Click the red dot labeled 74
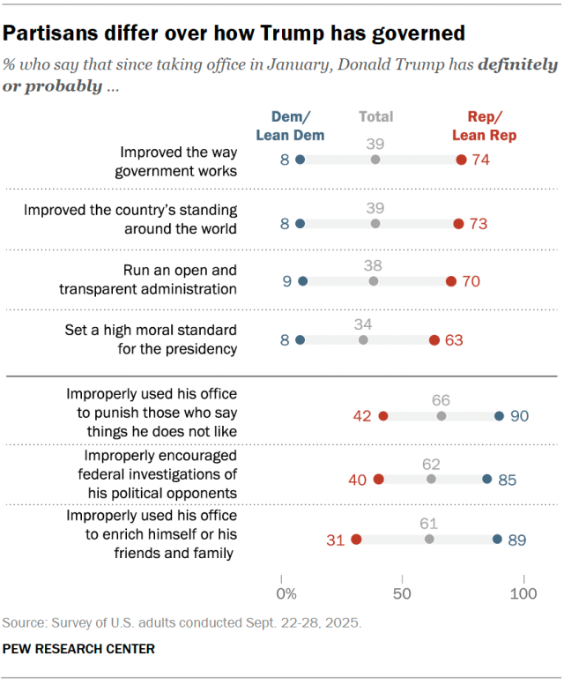461,160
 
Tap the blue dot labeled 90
499,416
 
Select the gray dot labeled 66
442,416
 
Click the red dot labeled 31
356,539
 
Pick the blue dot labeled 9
303,281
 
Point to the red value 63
454,339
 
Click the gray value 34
363,322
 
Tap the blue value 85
507,480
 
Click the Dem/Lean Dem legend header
290,126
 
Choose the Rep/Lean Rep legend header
484,126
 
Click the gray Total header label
375,116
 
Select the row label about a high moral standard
167,339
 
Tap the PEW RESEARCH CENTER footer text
78,649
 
